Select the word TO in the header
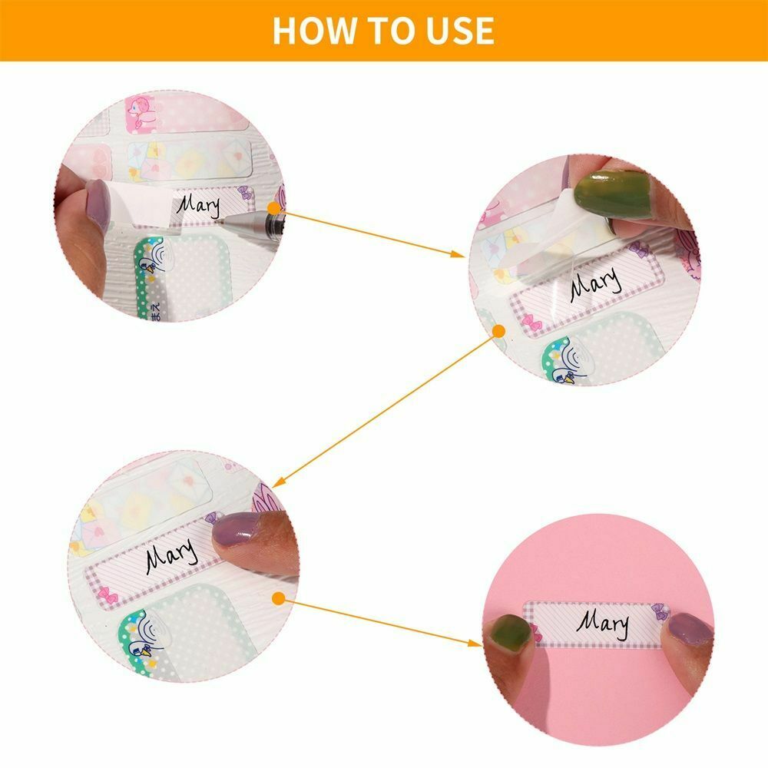click(384, 30)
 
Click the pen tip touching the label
click(222, 217)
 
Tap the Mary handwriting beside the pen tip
click(198, 205)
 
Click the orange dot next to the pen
click(274, 207)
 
